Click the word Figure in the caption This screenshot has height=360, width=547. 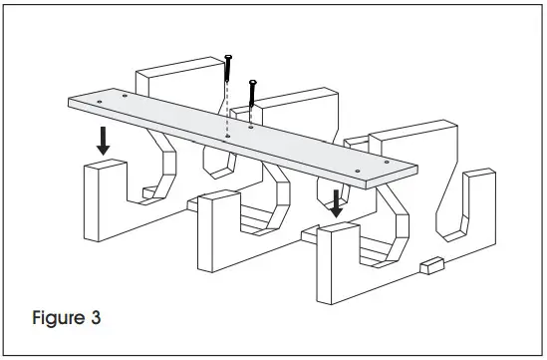pyautogui.click(x=56, y=321)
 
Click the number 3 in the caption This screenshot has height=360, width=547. pyautogui.click(x=95, y=321)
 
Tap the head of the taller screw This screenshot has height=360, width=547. pyautogui.click(x=229, y=57)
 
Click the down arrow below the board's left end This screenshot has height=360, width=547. pyautogui.click(x=103, y=143)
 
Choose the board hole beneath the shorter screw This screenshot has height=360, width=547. pyautogui.click(x=251, y=127)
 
